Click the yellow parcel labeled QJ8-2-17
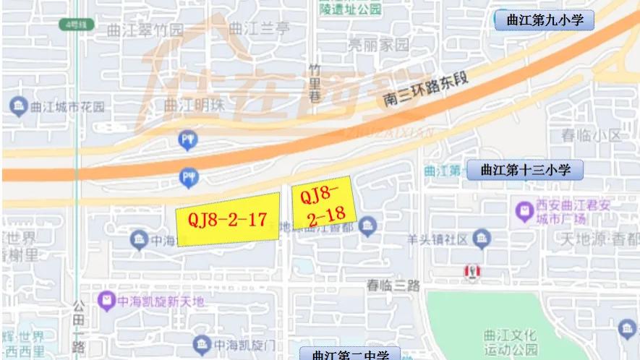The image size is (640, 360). pyautogui.click(x=228, y=219)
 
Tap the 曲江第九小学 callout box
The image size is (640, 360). pyautogui.click(x=545, y=20)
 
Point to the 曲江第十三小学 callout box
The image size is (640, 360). pyautogui.click(x=524, y=171)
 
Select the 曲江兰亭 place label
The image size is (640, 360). pyautogui.click(x=258, y=29)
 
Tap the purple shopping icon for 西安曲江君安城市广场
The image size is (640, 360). pyautogui.click(x=524, y=211)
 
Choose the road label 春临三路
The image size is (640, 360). pyautogui.click(x=393, y=285)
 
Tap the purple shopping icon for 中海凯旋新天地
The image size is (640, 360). pyautogui.click(x=106, y=299)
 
